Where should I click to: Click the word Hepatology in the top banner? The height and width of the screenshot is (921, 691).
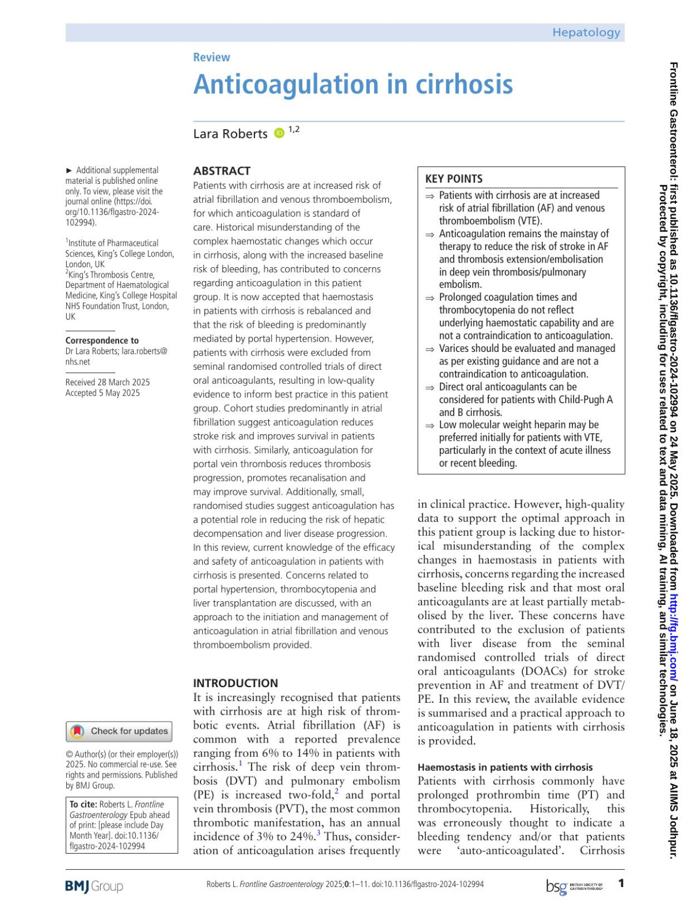point(586,32)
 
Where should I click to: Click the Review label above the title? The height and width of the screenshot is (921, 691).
point(211,57)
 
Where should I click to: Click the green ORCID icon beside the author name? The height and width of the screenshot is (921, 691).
point(279,133)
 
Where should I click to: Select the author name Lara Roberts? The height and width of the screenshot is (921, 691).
point(230,134)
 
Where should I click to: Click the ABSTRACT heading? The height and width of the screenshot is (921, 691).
point(222,170)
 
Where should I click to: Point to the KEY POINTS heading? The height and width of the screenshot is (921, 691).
point(454,179)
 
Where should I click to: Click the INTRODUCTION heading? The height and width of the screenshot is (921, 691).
point(236,683)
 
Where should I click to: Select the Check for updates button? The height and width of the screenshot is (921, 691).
point(120,731)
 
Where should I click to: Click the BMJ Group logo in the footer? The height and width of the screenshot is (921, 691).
point(94,886)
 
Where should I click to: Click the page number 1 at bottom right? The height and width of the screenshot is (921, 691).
point(621,883)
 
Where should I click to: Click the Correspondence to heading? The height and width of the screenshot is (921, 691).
point(102,340)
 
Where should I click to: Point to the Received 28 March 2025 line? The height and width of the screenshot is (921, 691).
point(108,382)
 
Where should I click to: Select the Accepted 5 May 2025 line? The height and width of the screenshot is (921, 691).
point(102,393)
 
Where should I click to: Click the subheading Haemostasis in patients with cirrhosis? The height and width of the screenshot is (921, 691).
point(505,767)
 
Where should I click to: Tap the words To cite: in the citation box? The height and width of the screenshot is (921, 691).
point(83,804)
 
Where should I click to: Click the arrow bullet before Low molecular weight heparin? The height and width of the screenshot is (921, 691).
point(430,426)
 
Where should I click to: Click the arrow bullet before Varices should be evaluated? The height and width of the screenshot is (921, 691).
point(430,349)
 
